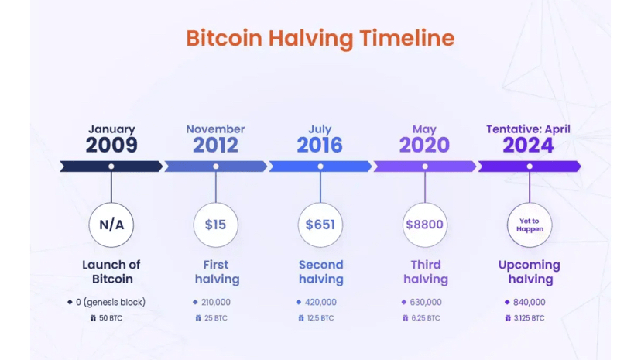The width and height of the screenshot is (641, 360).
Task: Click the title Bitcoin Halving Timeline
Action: (x=320, y=37)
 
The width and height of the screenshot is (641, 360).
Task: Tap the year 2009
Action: (x=111, y=145)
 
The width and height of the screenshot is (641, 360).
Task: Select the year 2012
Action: (x=215, y=145)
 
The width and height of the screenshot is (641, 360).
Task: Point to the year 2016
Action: (x=320, y=145)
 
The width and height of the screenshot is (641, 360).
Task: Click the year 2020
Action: (x=424, y=145)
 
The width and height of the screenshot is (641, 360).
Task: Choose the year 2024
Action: (x=529, y=145)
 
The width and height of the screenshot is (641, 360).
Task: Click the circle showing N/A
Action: (x=111, y=225)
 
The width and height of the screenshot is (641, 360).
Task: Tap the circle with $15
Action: (x=215, y=225)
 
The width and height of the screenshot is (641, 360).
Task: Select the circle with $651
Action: (x=320, y=225)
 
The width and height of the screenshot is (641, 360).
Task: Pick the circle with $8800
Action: (x=424, y=225)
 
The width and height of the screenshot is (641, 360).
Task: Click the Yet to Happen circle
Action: (x=530, y=225)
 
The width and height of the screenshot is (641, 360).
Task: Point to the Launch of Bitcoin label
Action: (x=111, y=271)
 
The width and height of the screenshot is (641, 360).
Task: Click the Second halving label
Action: (x=320, y=271)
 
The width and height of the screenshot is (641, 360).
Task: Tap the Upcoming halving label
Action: (x=530, y=271)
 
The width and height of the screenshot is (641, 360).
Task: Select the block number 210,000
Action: (x=216, y=302)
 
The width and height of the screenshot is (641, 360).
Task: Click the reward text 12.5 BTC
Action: (x=320, y=317)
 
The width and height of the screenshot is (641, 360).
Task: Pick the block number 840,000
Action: (x=530, y=302)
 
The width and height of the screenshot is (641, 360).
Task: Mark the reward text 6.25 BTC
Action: (x=425, y=317)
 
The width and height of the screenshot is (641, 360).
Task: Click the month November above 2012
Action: (x=215, y=129)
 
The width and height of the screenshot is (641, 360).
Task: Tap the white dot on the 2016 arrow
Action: (x=320, y=166)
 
